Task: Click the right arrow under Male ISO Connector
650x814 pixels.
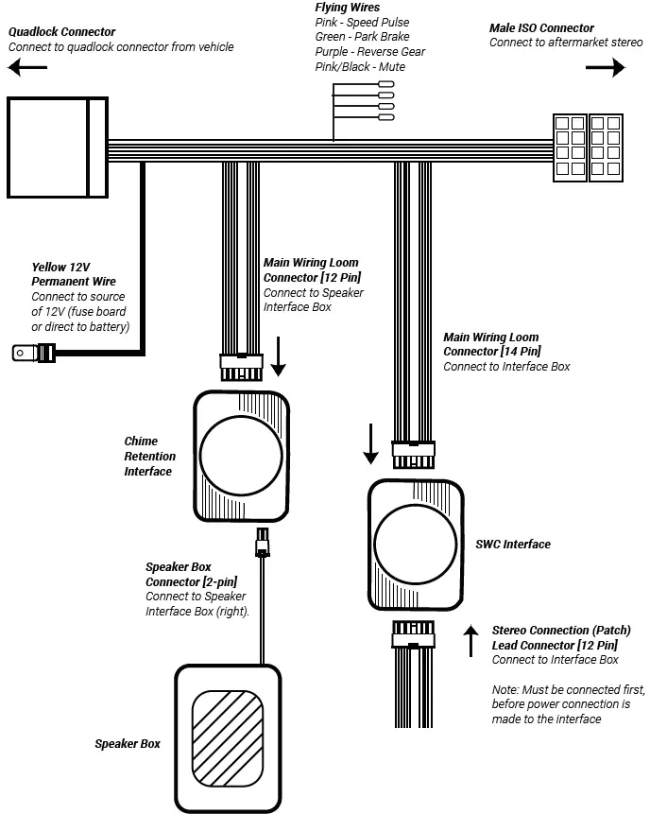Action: click(x=605, y=68)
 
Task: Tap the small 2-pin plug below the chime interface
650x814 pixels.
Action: click(x=262, y=545)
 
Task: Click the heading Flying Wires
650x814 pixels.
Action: click(x=348, y=8)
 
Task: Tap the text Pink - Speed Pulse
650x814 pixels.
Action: click(x=362, y=22)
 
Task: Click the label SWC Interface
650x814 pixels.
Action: click(x=513, y=545)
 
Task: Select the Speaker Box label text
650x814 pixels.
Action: click(x=128, y=744)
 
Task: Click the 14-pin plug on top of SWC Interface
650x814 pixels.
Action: click(x=413, y=457)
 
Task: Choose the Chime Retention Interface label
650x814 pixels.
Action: click(x=150, y=456)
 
